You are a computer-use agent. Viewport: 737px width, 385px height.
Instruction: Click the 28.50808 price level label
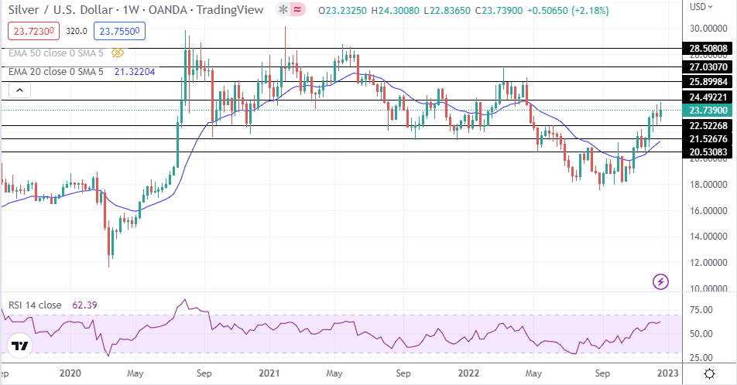point(708,48)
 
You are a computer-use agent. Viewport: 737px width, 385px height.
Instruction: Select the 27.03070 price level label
point(708,66)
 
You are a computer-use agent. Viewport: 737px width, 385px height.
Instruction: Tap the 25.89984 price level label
point(708,81)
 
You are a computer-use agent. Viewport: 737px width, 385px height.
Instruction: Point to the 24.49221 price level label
point(708,97)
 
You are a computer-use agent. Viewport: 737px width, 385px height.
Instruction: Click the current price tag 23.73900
point(708,111)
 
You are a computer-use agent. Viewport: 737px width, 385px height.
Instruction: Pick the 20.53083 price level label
point(708,152)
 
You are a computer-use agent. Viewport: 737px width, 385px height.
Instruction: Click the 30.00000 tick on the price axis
point(708,28)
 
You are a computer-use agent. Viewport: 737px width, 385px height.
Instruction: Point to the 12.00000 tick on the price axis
point(708,262)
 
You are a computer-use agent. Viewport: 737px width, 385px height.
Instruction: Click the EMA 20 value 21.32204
point(135,72)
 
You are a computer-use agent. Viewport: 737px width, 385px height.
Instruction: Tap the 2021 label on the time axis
point(269,373)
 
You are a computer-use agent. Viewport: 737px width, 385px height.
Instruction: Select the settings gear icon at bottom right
point(709,373)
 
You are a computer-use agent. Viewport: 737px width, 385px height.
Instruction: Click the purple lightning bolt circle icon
point(660,281)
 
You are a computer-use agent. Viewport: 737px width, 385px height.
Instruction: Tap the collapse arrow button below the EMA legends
point(20,91)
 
